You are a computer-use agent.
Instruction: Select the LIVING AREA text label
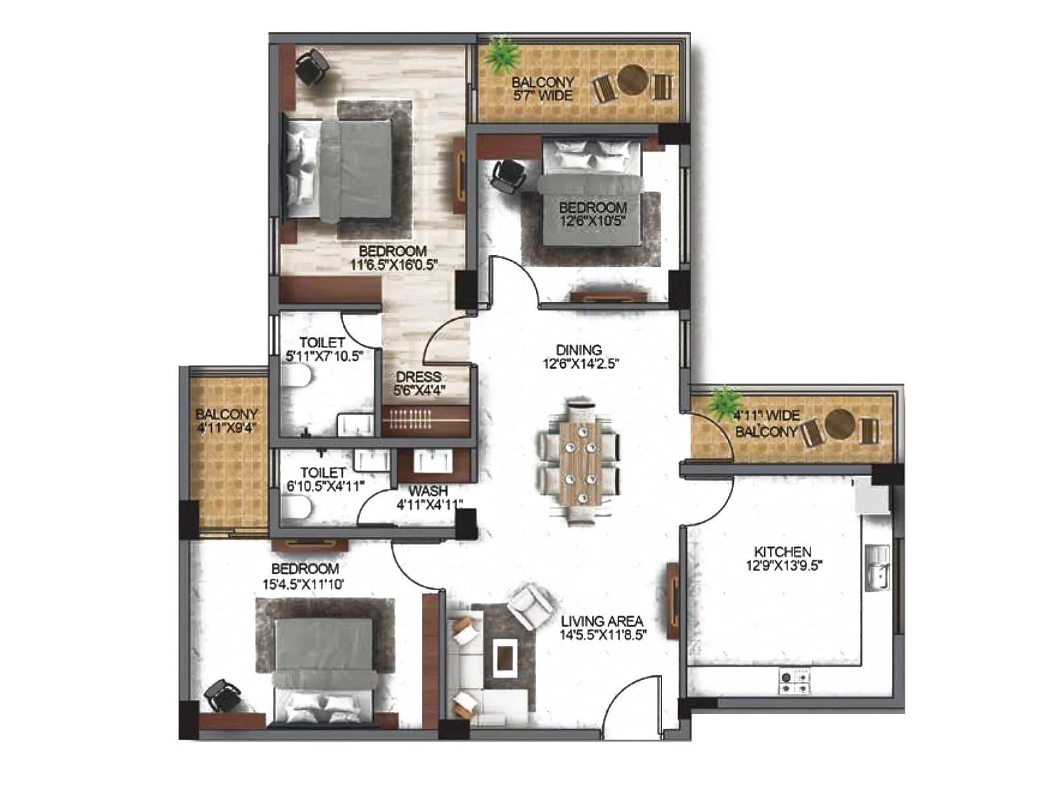pos(601,621)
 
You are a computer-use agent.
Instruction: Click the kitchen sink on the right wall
pos(878,568)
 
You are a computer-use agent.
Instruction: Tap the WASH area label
pos(428,491)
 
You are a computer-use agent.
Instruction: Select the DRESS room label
pos(419,377)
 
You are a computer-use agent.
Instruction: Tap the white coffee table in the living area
pos(506,658)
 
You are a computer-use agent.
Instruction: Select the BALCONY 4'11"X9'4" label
pos(226,421)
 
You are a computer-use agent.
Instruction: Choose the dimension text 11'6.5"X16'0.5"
pos(394,265)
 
